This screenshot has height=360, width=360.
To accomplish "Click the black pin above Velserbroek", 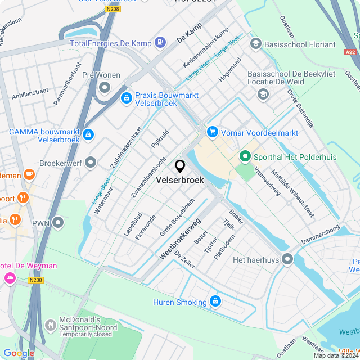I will [180, 166].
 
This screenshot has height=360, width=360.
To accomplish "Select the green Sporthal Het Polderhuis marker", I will [245, 156].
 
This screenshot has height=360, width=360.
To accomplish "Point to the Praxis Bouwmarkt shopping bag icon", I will [127, 98].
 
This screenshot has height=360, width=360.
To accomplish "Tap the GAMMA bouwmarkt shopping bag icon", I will [88, 135].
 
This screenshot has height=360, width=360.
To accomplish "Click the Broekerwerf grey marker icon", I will [91, 163].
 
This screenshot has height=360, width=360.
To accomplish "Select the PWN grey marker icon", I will [57, 223].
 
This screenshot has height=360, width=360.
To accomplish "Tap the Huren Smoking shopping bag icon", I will [215, 302].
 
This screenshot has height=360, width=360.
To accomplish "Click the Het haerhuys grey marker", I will [287, 259].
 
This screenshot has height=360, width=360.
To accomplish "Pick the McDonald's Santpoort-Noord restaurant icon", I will [51, 325].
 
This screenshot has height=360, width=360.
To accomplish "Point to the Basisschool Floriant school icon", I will [256, 44].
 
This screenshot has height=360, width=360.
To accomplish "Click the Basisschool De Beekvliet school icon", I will [263, 94].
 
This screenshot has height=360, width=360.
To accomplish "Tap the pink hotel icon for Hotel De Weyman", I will [10, 277].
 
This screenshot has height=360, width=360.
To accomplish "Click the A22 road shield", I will [350, 52].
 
